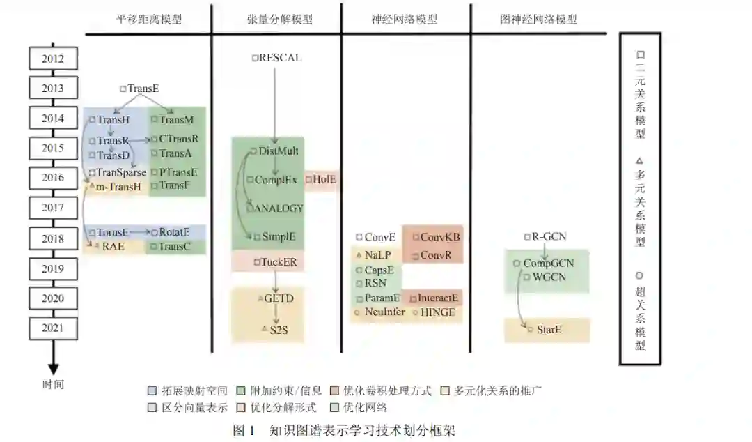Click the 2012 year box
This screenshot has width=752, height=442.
52,59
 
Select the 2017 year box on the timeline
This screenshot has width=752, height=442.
52,208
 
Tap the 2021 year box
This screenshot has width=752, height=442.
52,328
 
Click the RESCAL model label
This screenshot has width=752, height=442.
280,58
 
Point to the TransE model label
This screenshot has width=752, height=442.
143,89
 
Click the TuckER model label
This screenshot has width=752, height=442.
279,262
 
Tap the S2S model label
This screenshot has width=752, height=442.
278,329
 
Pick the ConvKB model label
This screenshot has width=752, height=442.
440,237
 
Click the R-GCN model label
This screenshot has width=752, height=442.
549,237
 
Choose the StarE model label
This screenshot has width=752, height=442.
549,330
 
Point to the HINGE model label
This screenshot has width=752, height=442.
437,312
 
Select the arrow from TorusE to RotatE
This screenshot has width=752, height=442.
140,232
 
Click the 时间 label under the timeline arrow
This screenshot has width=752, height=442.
53,383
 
